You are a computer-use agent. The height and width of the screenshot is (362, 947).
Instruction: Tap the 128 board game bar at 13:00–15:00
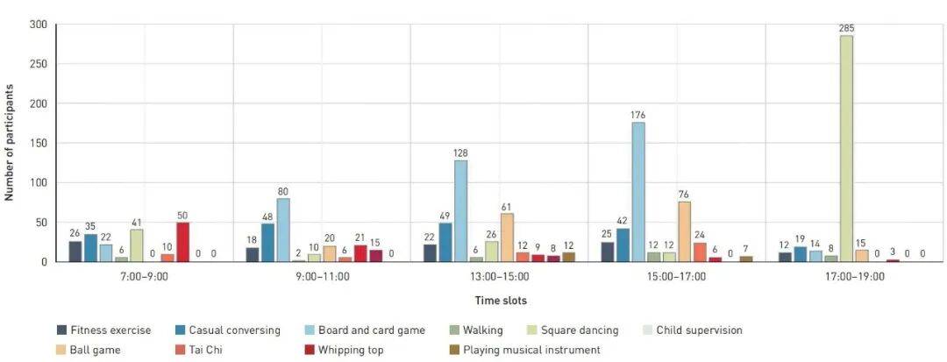[460, 211]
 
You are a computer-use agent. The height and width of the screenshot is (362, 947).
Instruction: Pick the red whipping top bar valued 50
[182, 242]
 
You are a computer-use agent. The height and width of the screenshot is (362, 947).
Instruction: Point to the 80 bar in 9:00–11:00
[283, 230]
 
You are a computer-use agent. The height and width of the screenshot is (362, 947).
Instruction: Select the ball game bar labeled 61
[507, 238]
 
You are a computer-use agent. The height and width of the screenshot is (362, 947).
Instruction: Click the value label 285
[845, 29]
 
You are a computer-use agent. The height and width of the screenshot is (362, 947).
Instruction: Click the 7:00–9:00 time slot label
[144, 276]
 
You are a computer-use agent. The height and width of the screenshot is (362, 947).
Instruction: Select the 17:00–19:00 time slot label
[852, 276]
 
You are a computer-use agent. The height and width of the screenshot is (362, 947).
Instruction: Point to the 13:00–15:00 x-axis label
[498, 276]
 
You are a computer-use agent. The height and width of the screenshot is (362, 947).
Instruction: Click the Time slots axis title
[500, 300]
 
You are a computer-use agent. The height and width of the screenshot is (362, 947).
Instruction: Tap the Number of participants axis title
[10, 143]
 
